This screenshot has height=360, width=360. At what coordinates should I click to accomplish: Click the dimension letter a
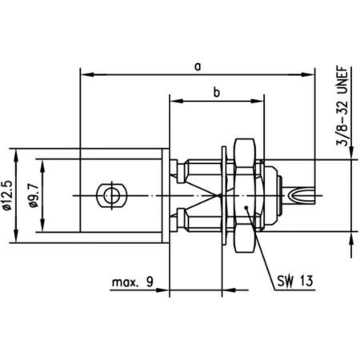click(197, 66)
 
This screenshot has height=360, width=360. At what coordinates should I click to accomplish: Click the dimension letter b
click(216, 92)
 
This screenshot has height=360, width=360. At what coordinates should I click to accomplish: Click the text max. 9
click(134, 282)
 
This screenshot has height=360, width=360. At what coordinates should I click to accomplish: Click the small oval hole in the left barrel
click(107, 194)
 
